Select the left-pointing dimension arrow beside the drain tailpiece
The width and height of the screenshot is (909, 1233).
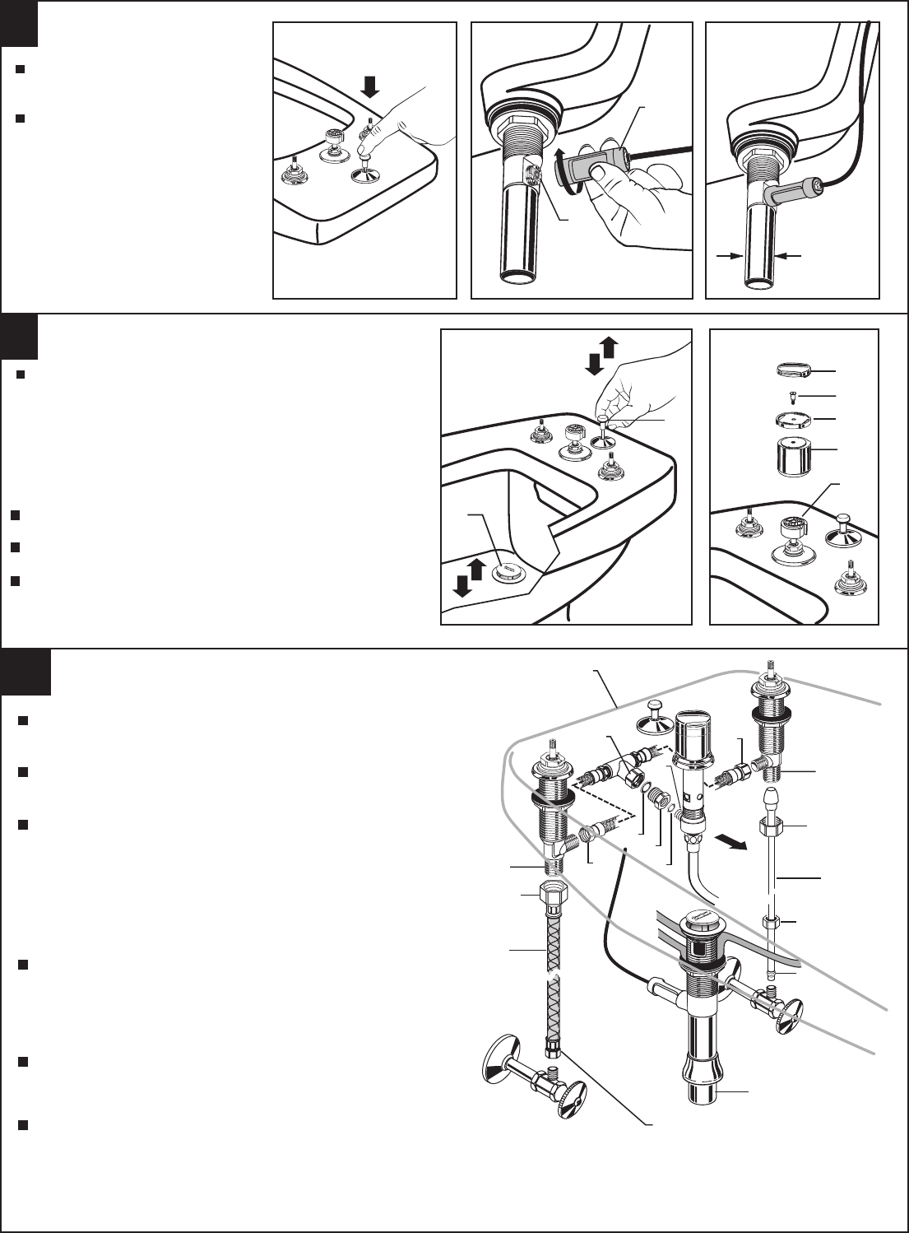coord(789,256)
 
